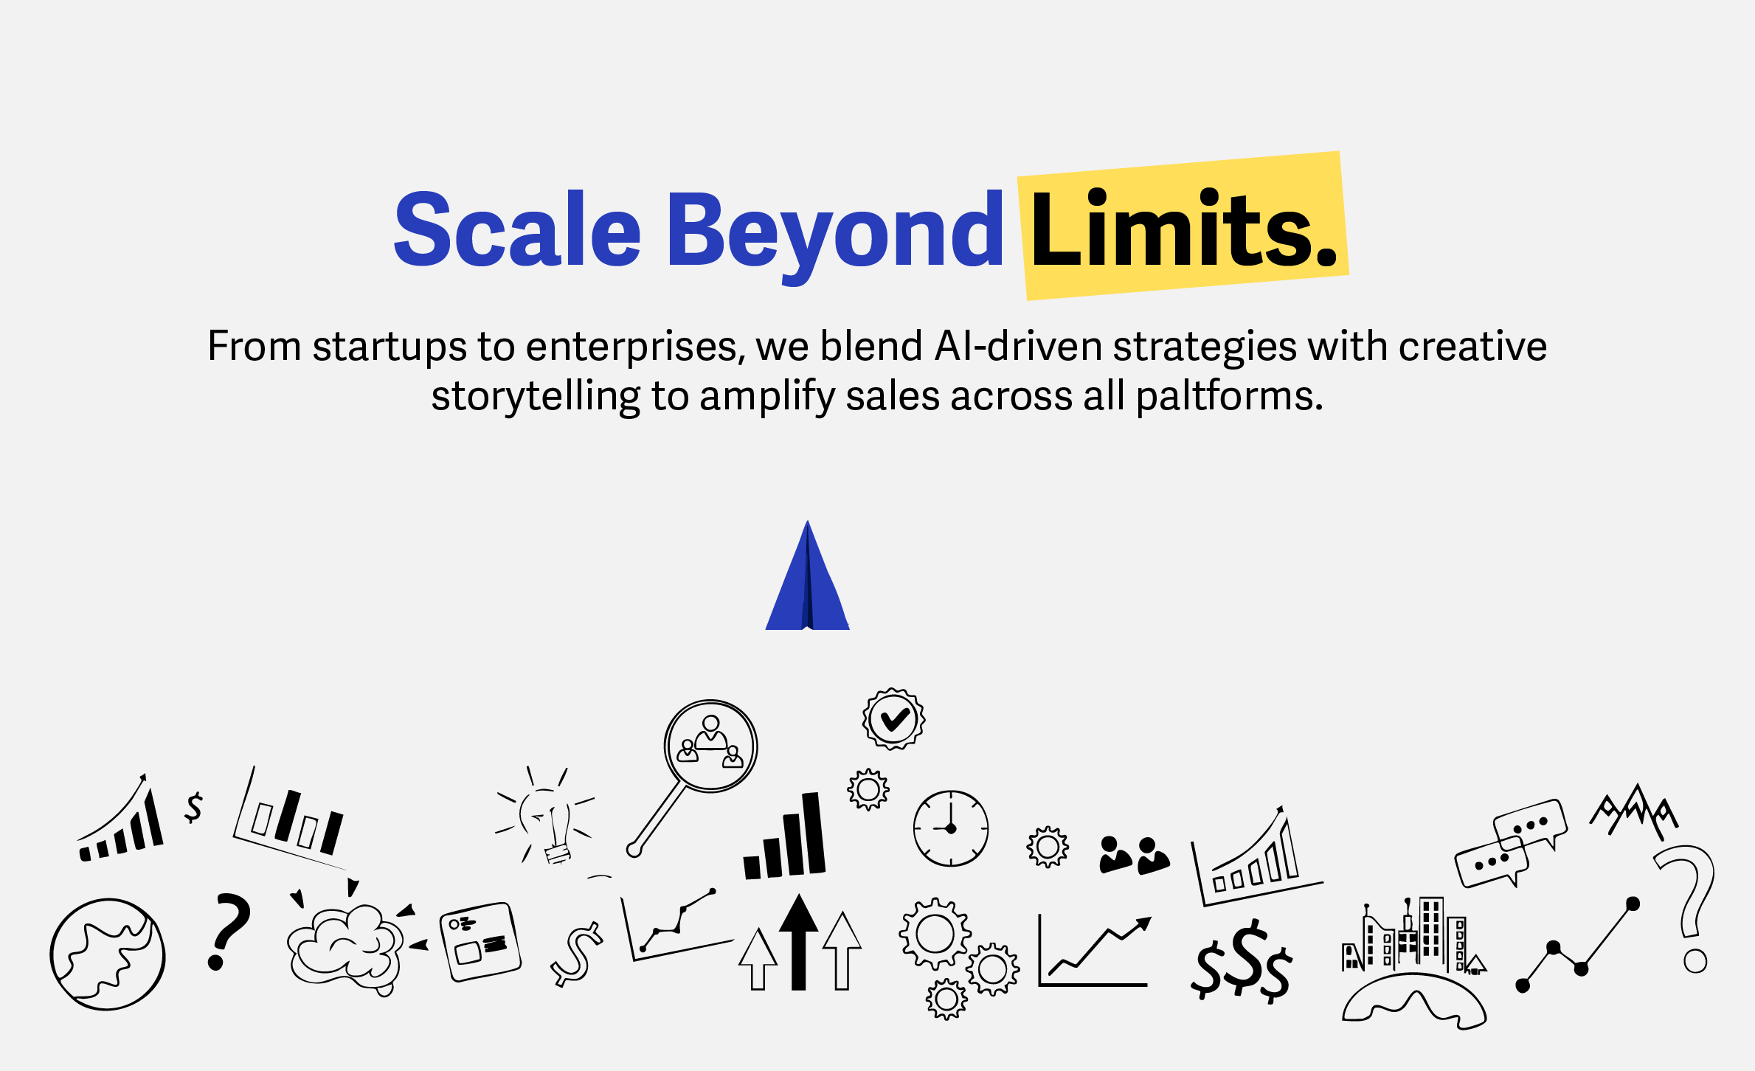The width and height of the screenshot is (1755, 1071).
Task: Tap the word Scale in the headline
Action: click(518, 229)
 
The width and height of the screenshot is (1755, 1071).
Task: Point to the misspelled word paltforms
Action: click(1229, 397)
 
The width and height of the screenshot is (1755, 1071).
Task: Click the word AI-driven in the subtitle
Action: click(1019, 346)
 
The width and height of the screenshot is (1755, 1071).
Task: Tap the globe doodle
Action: click(108, 954)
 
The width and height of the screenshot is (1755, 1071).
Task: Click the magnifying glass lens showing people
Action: click(710, 746)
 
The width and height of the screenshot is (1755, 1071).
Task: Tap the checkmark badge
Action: click(893, 719)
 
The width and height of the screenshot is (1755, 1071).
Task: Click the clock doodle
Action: click(951, 828)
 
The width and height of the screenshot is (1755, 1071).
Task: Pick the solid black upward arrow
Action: click(798, 942)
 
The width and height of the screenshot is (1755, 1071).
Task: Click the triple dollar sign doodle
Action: click(1242, 960)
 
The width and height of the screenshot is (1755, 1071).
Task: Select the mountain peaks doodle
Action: click(1635, 811)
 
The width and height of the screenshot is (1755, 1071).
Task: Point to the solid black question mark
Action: click(229, 931)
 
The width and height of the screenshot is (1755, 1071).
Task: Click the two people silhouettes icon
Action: click(1134, 856)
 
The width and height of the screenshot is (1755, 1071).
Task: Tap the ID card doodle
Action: click(480, 941)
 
